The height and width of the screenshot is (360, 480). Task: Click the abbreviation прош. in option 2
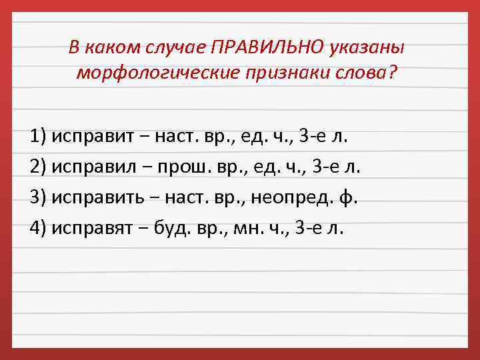(x=179, y=167)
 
